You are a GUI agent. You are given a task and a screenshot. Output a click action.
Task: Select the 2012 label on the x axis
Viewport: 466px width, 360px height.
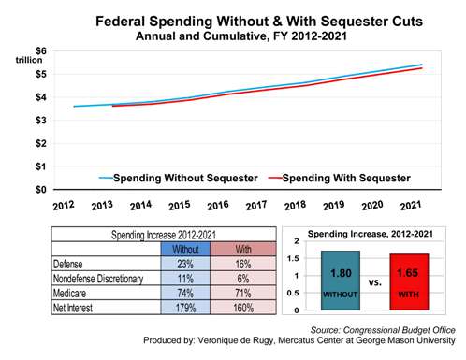(x=64, y=206)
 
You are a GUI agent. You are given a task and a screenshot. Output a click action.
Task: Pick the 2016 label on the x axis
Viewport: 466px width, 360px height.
(x=218, y=206)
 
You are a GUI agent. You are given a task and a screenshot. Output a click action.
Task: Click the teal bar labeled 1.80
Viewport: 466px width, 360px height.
(x=340, y=281)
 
